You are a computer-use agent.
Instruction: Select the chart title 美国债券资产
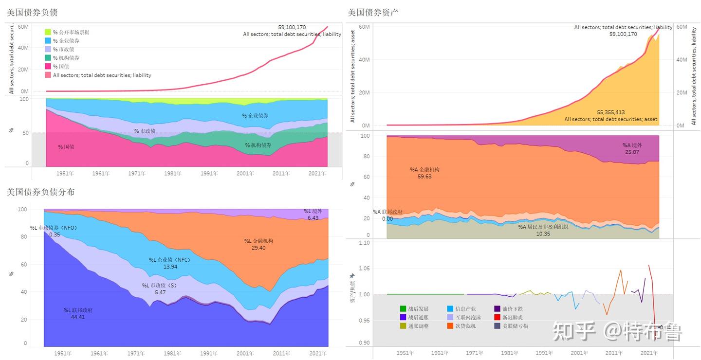(x=373, y=12)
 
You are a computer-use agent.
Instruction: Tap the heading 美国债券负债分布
(x=40, y=192)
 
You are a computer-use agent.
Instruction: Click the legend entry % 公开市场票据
(x=71, y=32)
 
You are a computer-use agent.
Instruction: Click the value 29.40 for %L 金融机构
(x=258, y=248)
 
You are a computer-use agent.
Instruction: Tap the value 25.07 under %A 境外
(x=632, y=152)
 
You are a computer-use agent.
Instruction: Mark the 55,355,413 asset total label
(x=610, y=112)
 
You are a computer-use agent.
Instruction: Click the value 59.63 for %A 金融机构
(x=424, y=176)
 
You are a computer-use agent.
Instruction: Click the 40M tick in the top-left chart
(x=23, y=48)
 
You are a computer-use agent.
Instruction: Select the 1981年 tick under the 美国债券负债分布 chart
(x=172, y=353)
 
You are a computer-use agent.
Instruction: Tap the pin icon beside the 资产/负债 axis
(x=352, y=276)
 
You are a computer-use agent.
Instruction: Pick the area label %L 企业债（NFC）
(x=169, y=260)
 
